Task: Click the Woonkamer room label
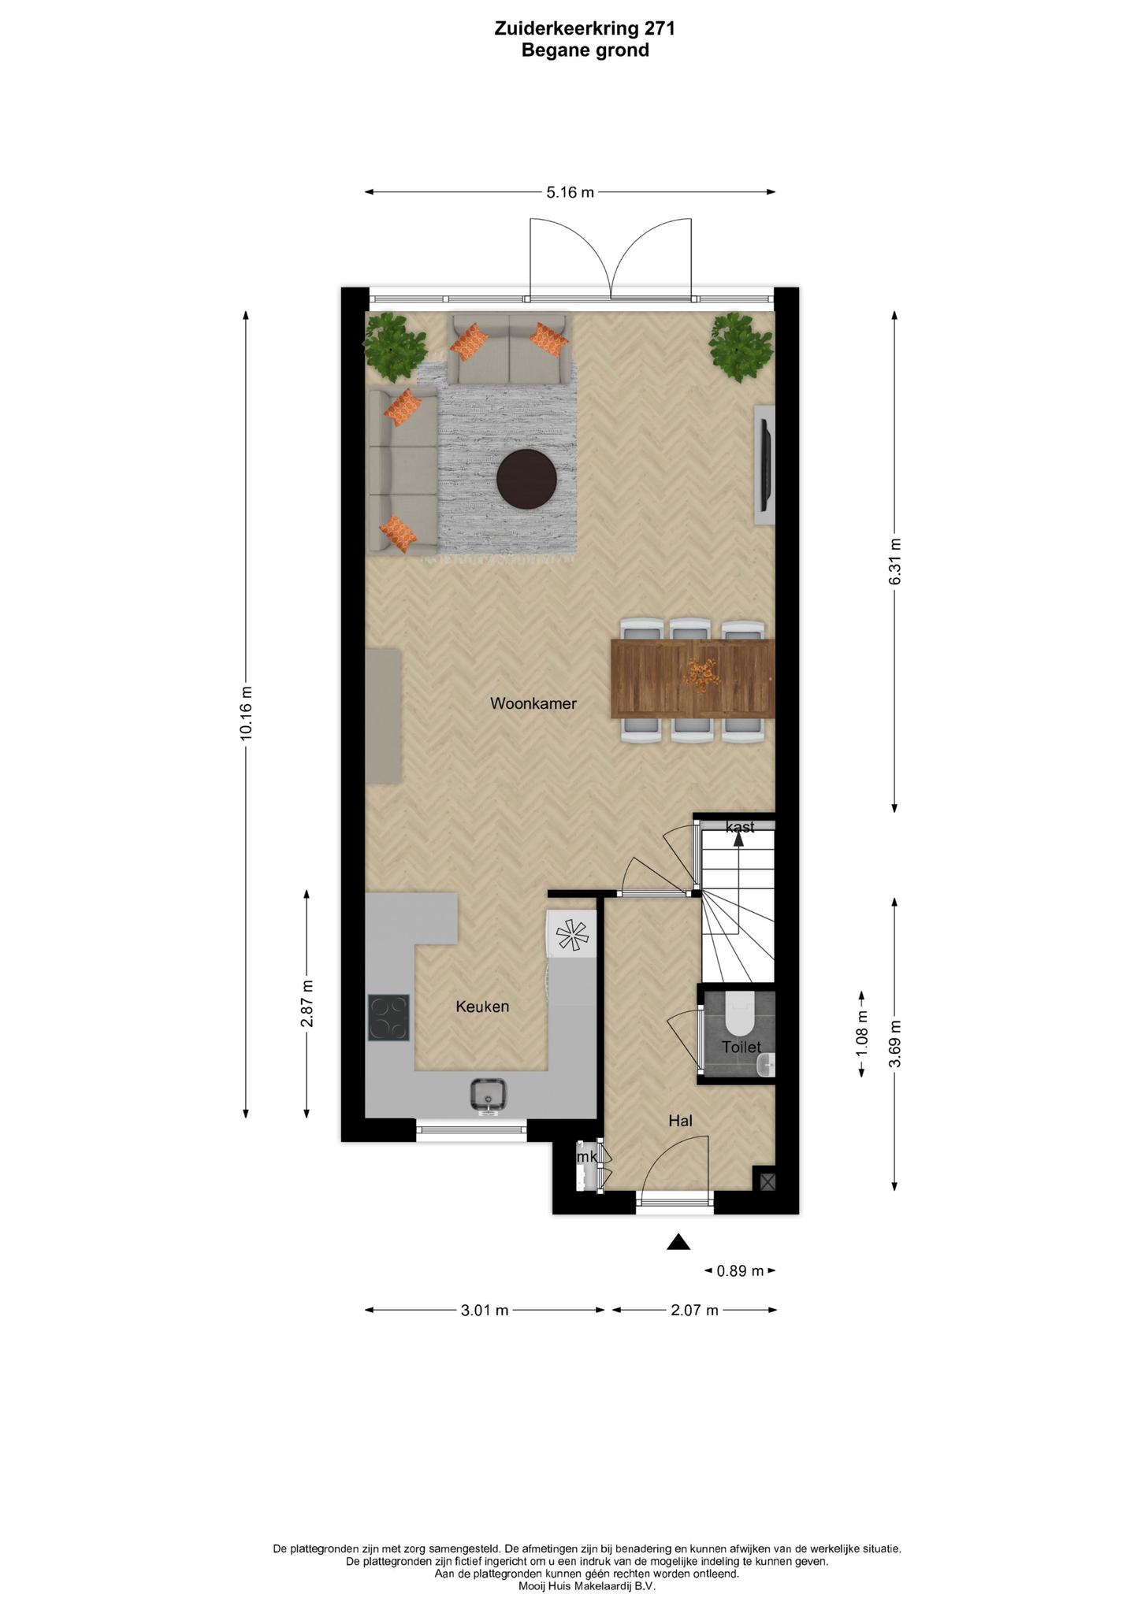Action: click(x=533, y=703)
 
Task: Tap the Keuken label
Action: click(x=482, y=1007)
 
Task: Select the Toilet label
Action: click(x=741, y=1048)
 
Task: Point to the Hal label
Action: click(x=680, y=1120)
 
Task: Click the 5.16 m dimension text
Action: click(x=570, y=192)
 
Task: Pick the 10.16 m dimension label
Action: click(x=247, y=713)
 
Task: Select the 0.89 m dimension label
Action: click(x=740, y=1270)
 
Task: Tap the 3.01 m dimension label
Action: click(x=485, y=1311)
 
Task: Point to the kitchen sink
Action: click(x=489, y=1096)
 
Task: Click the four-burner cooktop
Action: click(x=388, y=1018)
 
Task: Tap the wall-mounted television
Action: click(x=764, y=465)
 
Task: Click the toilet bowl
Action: click(x=739, y=1014)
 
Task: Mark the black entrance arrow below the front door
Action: click(x=678, y=1242)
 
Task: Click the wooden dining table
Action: click(x=693, y=678)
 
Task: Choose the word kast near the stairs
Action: click(x=740, y=827)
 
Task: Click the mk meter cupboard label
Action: click(x=587, y=1157)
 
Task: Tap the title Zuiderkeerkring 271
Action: click(x=585, y=28)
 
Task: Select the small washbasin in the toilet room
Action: click(x=766, y=1066)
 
